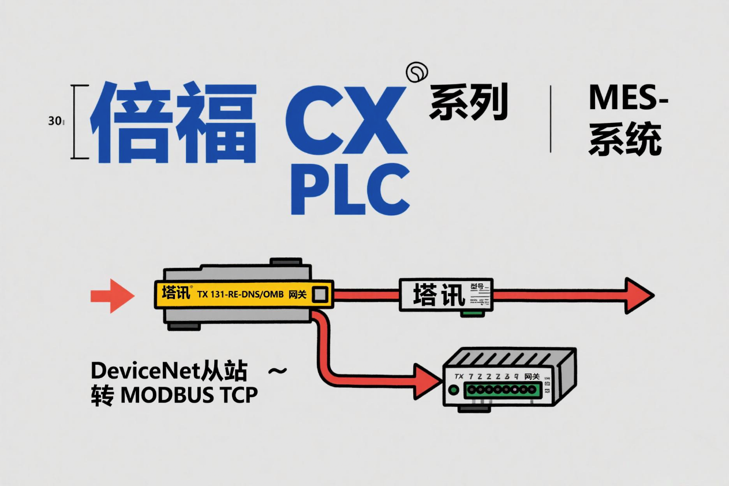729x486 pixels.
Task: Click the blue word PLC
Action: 350,188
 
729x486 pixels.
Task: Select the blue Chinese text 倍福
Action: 173,123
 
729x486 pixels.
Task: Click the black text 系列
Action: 468,103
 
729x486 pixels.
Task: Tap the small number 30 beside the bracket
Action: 55,121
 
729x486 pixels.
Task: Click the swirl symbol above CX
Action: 417,72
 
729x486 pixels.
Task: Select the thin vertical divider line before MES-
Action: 551,119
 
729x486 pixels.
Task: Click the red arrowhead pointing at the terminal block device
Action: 428,382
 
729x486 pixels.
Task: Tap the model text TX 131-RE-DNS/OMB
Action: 241,294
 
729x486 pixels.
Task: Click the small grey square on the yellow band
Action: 319,295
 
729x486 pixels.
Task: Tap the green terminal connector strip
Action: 495,391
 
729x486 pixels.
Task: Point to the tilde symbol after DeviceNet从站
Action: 278,371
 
